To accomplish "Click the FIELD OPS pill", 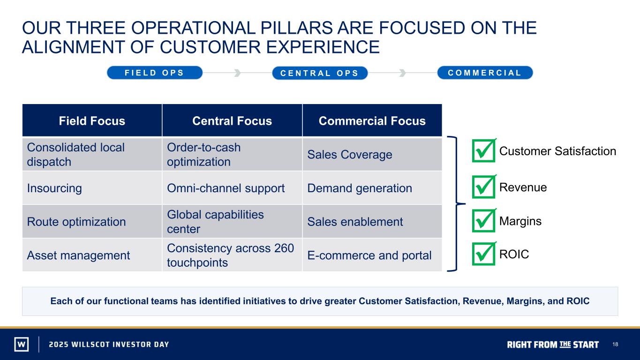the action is [x=155, y=73].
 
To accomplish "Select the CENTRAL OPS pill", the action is [x=320, y=73].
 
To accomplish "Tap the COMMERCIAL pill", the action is [x=485, y=73].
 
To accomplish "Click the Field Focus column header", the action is [x=92, y=120].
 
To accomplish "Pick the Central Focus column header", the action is [x=232, y=120].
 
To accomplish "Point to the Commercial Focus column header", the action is [x=372, y=120].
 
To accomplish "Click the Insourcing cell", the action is [x=92, y=188].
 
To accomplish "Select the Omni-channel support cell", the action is [x=232, y=188].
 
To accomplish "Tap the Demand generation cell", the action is [x=372, y=188].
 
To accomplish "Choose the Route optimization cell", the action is [x=92, y=221].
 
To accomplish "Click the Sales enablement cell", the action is [x=372, y=221].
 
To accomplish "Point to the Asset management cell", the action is [x=92, y=255].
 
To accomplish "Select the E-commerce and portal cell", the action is [x=372, y=255].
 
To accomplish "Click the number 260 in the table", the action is [x=284, y=248].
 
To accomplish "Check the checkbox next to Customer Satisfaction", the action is [x=484, y=150].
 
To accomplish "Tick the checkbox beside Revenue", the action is [x=484, y=187].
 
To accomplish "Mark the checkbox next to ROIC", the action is [x=484, y=254].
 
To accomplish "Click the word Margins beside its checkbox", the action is [x=520, y=221].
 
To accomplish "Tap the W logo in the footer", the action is [x=22, y=344].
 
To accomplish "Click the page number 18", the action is [x=615, y=344].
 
